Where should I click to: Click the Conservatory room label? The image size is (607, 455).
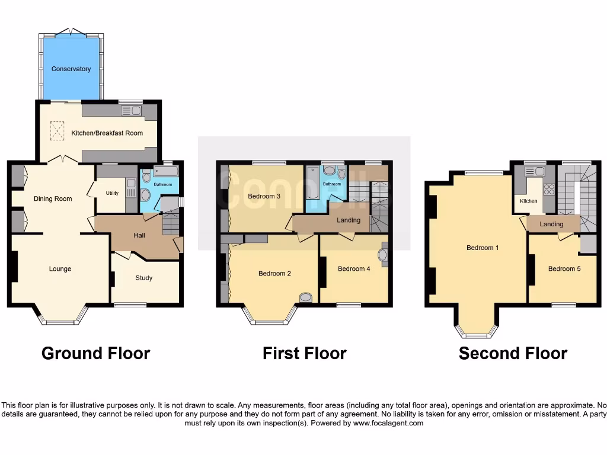(x=71, y=69)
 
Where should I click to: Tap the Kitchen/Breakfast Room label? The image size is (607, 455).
(x=107, y=133)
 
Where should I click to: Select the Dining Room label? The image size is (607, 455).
(x=53, y=199)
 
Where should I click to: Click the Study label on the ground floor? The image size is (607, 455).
(x=143, y=278)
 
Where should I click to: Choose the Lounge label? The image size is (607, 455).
(x=60, y=269)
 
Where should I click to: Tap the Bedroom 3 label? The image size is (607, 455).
(x=264, y=196)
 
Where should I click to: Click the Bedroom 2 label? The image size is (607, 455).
(x=274, y=274)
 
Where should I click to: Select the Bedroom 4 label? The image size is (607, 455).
(x=354, y=269)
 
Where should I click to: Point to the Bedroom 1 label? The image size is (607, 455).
(x=482, y=248)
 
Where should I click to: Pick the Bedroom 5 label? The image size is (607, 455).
(x=564, y=269)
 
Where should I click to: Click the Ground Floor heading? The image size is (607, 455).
(x=95, y=354)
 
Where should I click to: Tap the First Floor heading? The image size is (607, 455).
(x=304, y=354)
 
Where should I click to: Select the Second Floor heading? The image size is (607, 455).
(x=513, y=354)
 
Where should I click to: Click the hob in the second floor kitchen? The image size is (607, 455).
(x=549, y=190)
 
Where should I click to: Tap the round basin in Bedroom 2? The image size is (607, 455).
(x=306, y=297)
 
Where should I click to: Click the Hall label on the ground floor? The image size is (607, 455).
(x=139, y=235)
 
